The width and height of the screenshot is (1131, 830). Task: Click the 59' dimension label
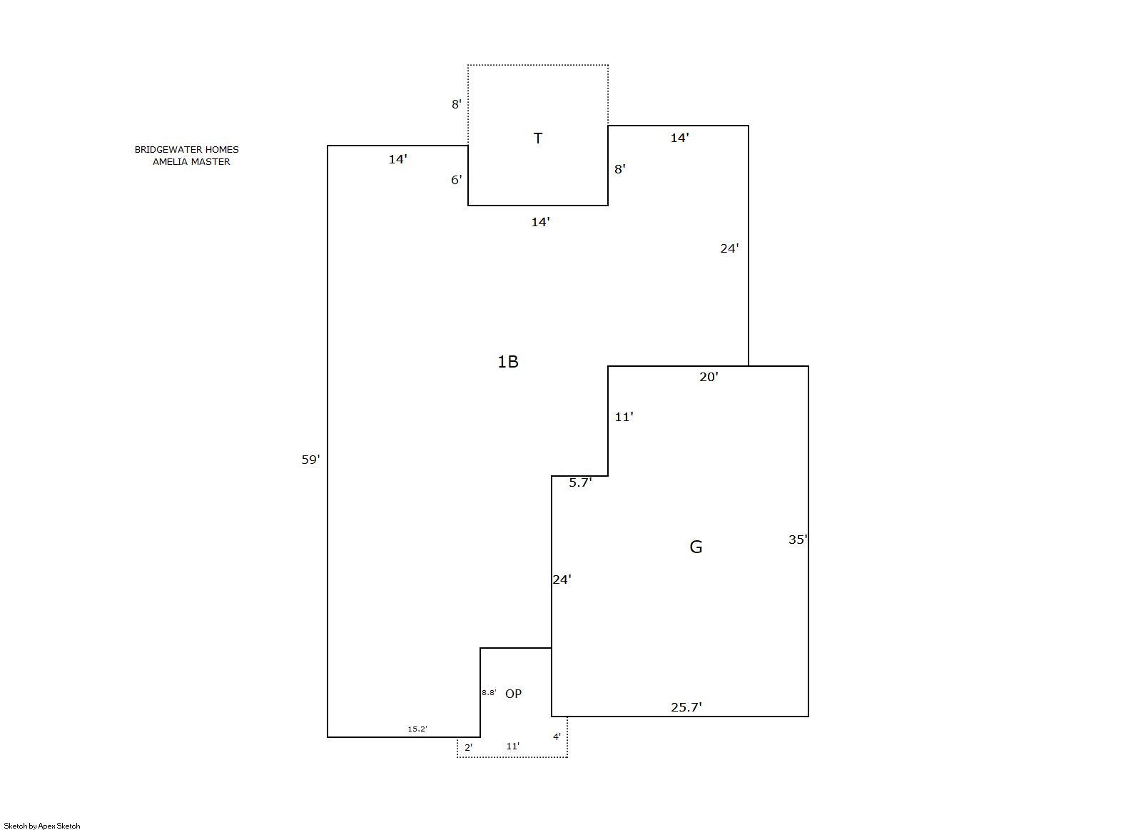310,460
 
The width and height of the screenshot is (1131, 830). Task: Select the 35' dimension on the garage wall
798,540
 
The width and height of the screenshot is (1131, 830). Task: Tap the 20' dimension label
709,377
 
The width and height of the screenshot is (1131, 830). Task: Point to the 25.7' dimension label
686,707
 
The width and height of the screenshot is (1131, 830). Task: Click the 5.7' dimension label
580,482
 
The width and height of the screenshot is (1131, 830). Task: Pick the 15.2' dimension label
417,729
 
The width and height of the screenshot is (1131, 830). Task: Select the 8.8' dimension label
489,693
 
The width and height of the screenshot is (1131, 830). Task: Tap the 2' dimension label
469,748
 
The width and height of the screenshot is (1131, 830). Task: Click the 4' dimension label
557,737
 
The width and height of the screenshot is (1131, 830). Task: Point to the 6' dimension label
457,181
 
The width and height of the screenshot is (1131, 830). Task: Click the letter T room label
538,138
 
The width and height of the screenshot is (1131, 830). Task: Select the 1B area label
508,362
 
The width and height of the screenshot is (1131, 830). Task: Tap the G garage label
696,547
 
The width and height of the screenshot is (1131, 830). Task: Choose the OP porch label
514,694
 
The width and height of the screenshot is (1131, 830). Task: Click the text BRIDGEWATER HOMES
187,150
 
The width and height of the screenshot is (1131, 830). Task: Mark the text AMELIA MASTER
191,162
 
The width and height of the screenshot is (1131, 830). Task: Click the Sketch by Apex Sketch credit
42,826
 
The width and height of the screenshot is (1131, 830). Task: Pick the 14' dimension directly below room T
540,222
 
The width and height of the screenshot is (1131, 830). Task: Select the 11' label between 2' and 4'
513,747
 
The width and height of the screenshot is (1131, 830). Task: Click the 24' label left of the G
562,580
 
